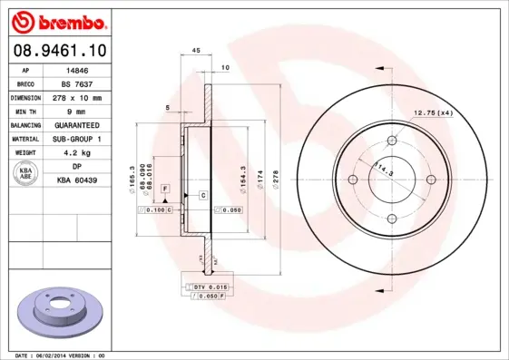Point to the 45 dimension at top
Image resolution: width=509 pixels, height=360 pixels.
point(196,52)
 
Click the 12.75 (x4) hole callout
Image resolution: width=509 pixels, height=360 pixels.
point(433,112)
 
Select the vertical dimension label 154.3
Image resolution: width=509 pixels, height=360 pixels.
point(242,174)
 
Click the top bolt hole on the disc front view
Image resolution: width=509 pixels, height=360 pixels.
point(392,141)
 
